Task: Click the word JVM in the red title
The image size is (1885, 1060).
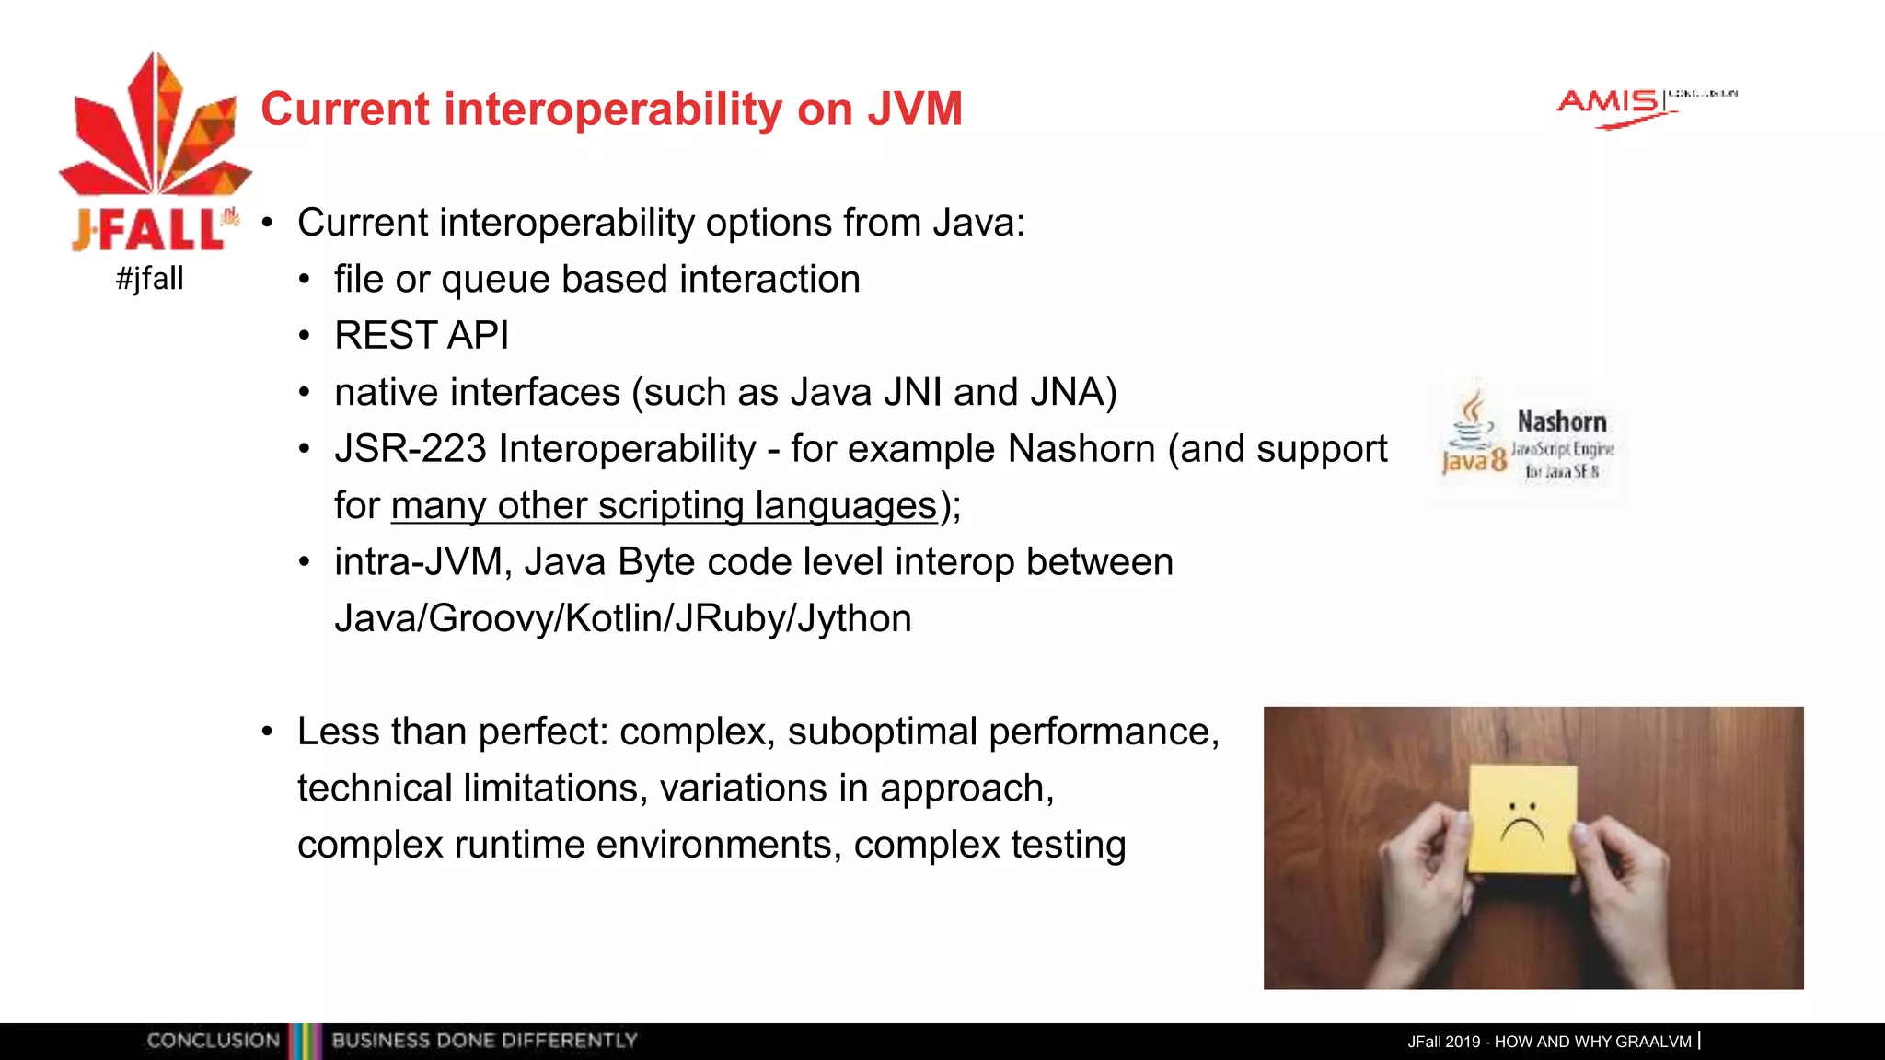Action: [914, 109]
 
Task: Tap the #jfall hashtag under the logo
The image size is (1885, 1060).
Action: [150, 278]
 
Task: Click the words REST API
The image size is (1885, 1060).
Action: [422, 336]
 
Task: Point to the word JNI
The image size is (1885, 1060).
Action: [911, 393]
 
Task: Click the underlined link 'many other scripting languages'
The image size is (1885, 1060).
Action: [664, 506]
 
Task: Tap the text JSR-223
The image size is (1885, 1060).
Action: [410, 449]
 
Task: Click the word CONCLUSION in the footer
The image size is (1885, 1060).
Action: [213, 1041]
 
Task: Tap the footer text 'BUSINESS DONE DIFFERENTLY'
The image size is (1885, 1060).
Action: [484, 1041]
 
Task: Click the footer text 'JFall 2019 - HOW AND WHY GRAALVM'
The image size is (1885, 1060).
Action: [1549, 1042]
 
